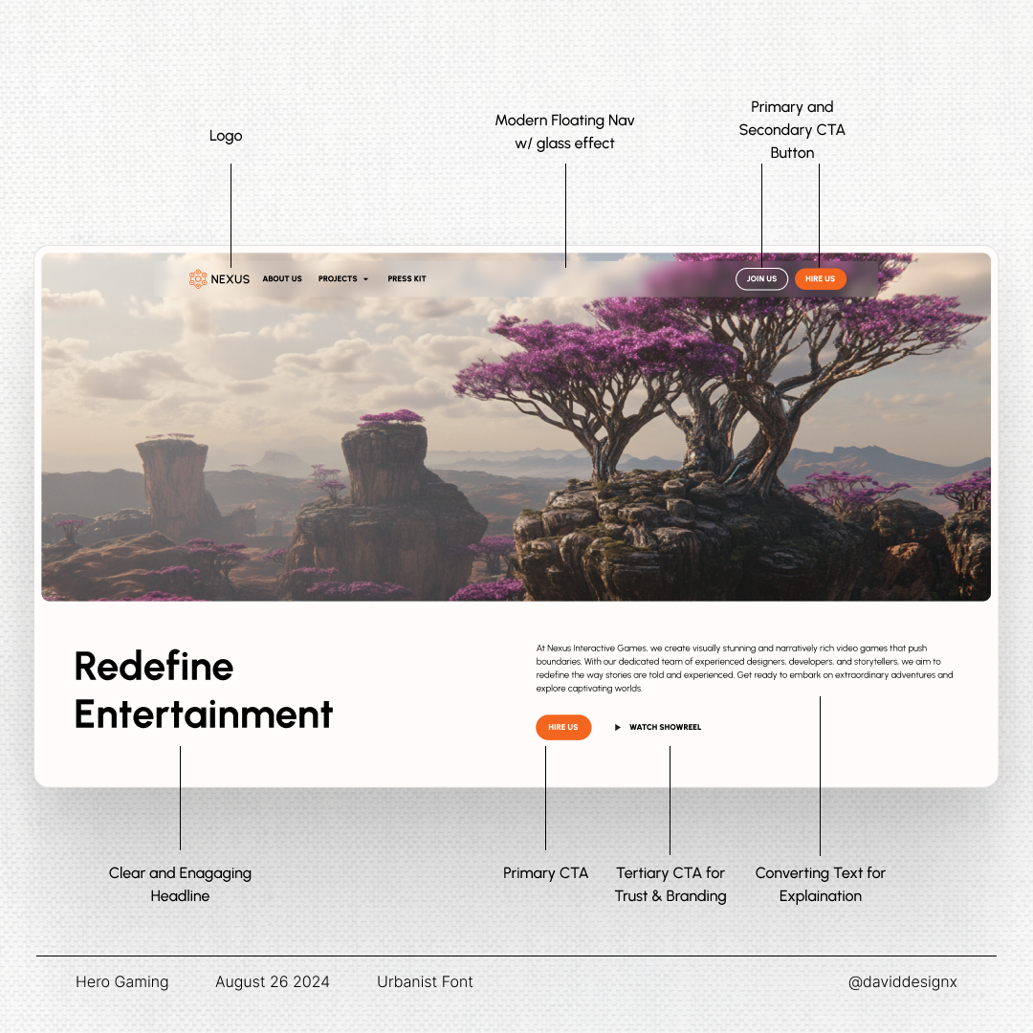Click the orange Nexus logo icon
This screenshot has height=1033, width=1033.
[x=198, y=278]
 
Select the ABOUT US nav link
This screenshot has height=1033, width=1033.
[x=282, y=278]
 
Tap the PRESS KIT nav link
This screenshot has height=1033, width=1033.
[x=407, y=278]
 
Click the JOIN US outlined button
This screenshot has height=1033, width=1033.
[x=761, y=278]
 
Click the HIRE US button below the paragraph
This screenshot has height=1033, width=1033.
[x=563, y=727]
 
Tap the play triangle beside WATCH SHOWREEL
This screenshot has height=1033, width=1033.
[x=617, y=727]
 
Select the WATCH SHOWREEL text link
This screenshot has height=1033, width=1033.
[x=665, y=727]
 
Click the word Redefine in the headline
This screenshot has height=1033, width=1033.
[x=154, y=666]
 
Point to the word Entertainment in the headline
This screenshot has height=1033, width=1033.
[x=204, y=714]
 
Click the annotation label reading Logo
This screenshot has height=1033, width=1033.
[x=226, y=136]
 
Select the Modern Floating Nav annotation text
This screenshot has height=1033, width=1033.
[x=564, y=132]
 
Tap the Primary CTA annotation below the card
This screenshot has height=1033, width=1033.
[x=545, y=873]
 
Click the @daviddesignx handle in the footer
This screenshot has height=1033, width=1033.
[x=903, y=981]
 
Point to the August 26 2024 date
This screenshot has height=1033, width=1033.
[x=272, y=981]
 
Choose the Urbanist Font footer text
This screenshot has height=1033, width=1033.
[x=425, y=981]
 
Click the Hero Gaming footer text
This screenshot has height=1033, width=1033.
[x=121, y=981]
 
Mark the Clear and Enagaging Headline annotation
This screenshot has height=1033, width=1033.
[x=180, y=884]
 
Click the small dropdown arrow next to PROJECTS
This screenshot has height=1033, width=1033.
[x=365, y=279]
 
